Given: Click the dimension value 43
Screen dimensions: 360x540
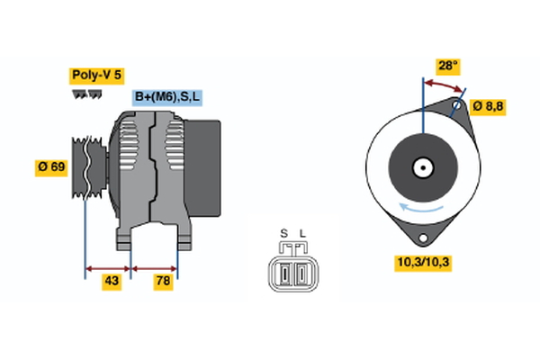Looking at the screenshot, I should tap(112, 282).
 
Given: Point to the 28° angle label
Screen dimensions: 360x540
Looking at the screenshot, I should tap(447, 67).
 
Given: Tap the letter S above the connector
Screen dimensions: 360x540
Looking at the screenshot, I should tap(283, 234).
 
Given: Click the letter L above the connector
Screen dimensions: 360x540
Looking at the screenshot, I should tap(302, 234).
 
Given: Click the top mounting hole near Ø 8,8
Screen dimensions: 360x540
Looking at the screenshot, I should tap(458, 107).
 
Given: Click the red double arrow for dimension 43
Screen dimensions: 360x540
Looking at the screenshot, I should tap(107, 267).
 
